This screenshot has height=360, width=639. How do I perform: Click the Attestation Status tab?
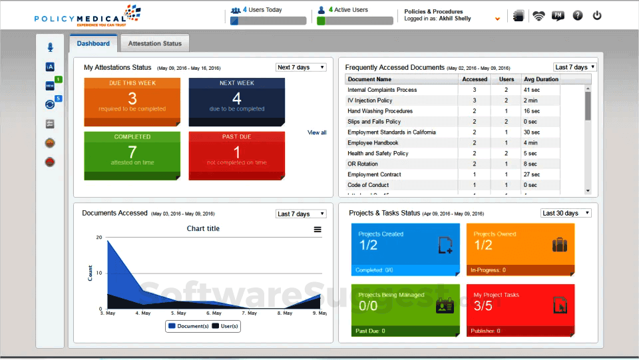click(x=154, y=44)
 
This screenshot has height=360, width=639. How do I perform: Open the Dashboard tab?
click(x=93, y=44)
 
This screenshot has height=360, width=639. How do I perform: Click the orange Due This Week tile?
click(x=132, y=102)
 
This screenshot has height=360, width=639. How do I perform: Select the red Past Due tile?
click(x=236, y=156)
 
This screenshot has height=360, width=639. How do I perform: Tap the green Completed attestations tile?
click(x=132, y=156)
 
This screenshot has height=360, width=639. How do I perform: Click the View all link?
click(x=317, y=133)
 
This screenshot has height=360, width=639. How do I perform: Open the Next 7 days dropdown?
click(x=301, y=67)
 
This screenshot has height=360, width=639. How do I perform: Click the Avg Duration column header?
click(x=540, y=79)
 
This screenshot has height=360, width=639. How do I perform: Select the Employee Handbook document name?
click(x=373, y=143)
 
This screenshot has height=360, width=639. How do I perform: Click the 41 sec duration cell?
click(x=531, y=90)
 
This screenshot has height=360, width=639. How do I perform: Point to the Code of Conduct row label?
click(x=368, y=185)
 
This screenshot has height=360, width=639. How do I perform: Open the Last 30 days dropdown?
click(x=565, y=213)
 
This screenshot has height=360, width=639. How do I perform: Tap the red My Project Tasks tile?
click(x=520, y=310)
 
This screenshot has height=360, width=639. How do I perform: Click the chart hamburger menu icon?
click(x=318, y=230)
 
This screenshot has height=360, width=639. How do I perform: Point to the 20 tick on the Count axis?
click(x=99, y=238)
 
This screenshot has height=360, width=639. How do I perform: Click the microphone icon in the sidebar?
click(x=50, y=47)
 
